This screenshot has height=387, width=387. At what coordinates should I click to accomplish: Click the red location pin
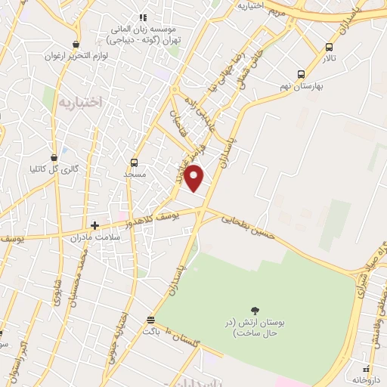[x=194, y=178]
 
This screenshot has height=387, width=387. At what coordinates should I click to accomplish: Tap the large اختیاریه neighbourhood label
[x=78, y=101]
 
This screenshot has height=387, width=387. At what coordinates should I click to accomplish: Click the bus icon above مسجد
[x=134, y=163]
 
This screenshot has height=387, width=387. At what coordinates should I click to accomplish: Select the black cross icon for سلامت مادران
[x=94, y=224]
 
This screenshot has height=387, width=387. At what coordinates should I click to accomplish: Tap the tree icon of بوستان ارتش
[x=254, y=311]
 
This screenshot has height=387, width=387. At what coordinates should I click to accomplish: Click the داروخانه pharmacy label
[x=367, y=379]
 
